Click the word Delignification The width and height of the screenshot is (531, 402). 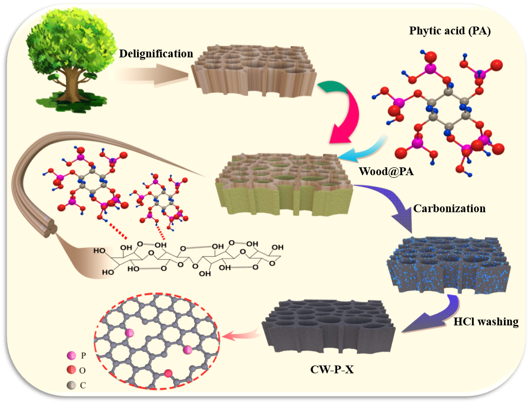156,54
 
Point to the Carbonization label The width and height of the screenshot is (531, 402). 449,209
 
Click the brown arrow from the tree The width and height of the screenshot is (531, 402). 151,73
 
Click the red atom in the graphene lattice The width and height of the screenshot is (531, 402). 169,373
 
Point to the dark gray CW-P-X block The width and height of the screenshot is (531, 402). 328,323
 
